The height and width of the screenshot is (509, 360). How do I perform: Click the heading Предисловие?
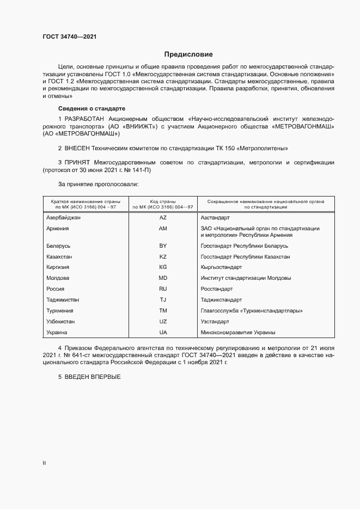(188, 54)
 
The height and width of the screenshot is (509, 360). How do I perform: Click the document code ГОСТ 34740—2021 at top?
(69, 37)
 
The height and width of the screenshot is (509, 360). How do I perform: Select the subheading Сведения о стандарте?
(91, 109)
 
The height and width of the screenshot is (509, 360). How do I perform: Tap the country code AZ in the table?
(162, 217)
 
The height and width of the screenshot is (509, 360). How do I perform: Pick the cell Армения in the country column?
(58, 228)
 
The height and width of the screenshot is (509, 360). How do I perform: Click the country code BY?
(162, 246)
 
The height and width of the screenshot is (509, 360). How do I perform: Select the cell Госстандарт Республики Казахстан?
(245, 256)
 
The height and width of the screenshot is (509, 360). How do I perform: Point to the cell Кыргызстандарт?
(221, 267)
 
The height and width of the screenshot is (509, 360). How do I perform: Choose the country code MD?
(162, 278)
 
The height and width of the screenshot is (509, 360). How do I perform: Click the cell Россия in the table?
(56, 289)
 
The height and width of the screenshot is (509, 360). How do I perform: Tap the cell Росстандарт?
(217, 289)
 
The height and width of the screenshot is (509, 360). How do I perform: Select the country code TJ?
(162, 300)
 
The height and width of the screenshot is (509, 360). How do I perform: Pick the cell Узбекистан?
(61, 321)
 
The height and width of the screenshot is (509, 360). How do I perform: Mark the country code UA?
(162, 332)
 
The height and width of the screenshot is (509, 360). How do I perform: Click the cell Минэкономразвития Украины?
(237, 332)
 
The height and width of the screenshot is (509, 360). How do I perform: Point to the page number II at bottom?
(44, 463)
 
